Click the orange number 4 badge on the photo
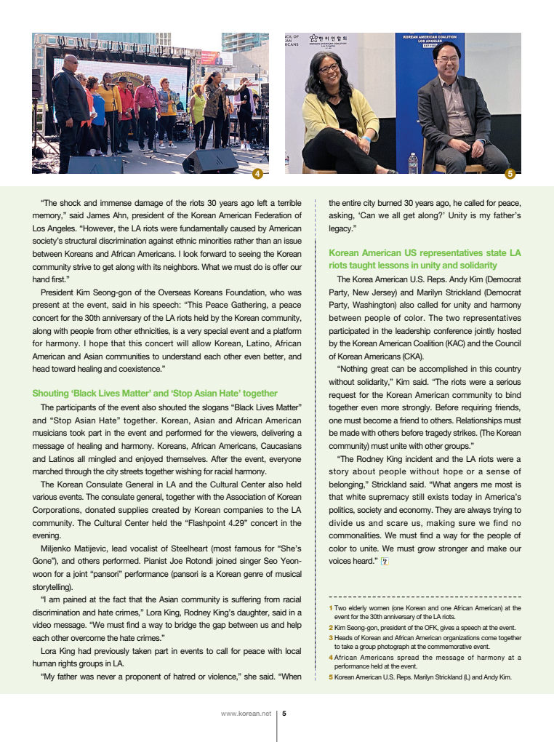pyautogui.click(x=257, y=173)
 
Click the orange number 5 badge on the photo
pyautogui.click(x=510, y=173)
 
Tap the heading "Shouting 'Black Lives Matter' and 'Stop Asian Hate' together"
pyautogui.click(x=155, y=393)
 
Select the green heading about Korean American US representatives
pyautogui.click(x=425, y=259)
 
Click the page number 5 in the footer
pyautogui.click(x=284, y=714)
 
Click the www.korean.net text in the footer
pyautogui.click(x=246, y=714)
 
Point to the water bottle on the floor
pyautogui.click(x=413, y=162)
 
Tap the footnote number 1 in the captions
pyautogui.click(x=330, y=607)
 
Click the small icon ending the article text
pyautogui.click(x=385, y=561)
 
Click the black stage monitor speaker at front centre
pyautogui.click(x=209, y=161)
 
